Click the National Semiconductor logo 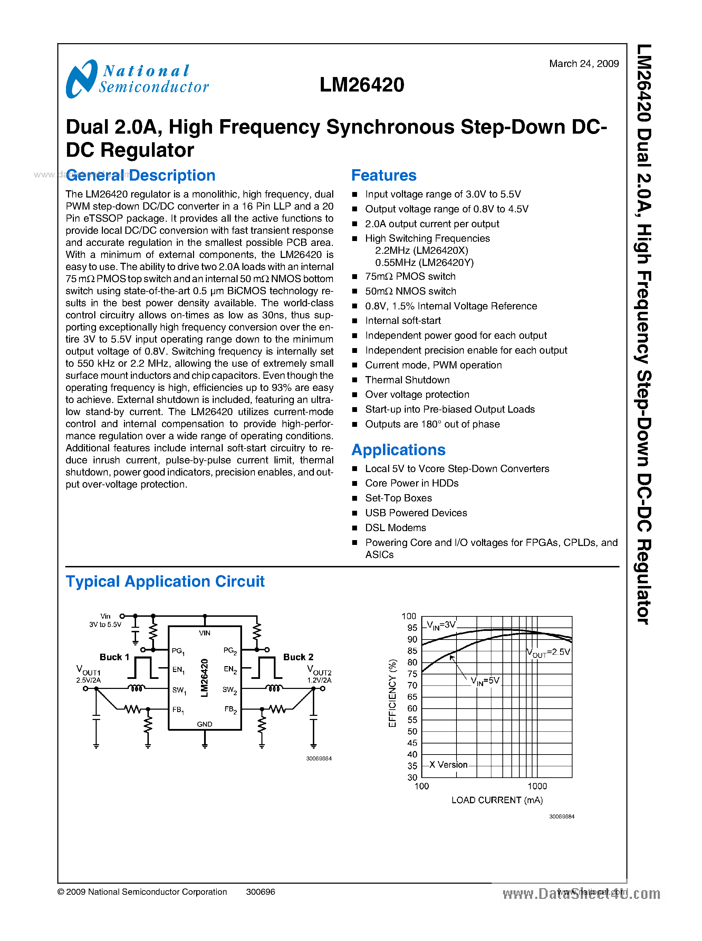coord(137,79)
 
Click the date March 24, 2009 coord(584,64)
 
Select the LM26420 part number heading coord(362,85)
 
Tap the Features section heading coord(384,175)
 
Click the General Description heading coord(141,175)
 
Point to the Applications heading coord(398,450)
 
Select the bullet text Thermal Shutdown coord(407,380)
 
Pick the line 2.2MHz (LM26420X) coord(421,250)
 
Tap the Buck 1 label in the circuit coord(114,657)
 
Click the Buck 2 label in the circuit coord(298,657)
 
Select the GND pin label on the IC coord(204,724)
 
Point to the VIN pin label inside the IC coord(204,633)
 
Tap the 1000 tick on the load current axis coord(537,786)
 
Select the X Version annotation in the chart coord(448,765)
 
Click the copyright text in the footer coord(142,892)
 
